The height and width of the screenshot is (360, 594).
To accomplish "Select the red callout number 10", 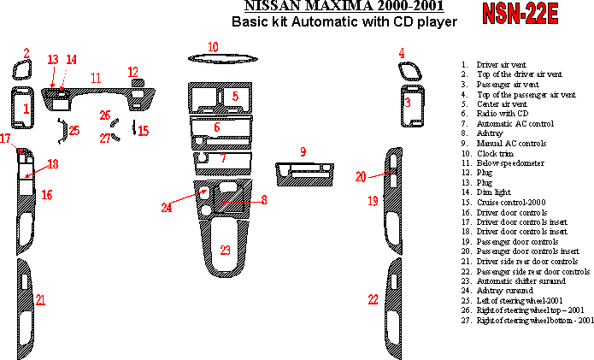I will point(213,46).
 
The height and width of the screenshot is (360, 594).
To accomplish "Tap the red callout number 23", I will point(225,251).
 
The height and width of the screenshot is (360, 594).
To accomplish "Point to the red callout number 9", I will point(303,151).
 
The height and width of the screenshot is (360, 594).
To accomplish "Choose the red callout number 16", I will point(47,195).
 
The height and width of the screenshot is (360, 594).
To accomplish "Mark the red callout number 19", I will point(373,201).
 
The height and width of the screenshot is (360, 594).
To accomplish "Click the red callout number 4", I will point(401,53).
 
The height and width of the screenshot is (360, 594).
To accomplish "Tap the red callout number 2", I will point(26,53).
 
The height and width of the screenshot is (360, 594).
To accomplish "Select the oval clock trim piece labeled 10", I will point(214,59).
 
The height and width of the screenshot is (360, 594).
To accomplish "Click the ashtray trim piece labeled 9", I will point(303,174).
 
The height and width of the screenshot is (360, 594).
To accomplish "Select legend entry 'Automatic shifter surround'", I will point(524,280).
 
